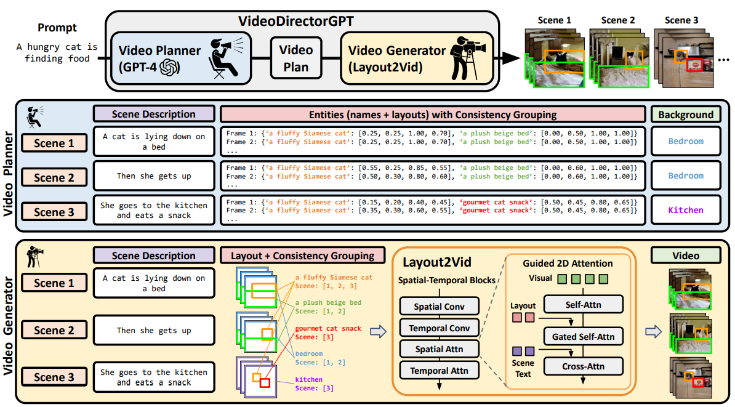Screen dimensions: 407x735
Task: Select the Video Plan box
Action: click(x=296, y=57)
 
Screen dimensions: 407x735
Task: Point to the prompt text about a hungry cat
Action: click(x=57, y=53)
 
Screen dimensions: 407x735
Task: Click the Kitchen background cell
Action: click(x=685, y=210)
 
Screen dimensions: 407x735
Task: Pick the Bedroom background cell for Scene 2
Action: click(x=685, y=175)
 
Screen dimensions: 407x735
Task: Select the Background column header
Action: click(x=685, y=114)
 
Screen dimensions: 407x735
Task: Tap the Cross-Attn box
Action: click(x=583, y=366)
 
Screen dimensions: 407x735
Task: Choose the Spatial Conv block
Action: click(x=439, y=307)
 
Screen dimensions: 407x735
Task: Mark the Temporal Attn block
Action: click(x=439, y=371)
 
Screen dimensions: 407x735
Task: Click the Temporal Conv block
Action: click(x=439, y=328)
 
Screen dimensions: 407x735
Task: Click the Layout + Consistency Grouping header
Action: click(x=302, y=256)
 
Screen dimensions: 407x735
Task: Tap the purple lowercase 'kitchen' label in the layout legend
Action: click(x=308, y=379)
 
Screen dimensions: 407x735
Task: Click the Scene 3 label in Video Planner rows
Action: click(x=54, y=212)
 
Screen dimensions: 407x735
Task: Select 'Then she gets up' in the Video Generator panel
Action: click(x=154, y=331)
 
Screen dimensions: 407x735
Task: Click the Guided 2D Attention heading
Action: click(x=568, y=263)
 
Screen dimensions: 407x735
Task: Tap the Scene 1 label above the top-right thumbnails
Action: click(x=554, y=20)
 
